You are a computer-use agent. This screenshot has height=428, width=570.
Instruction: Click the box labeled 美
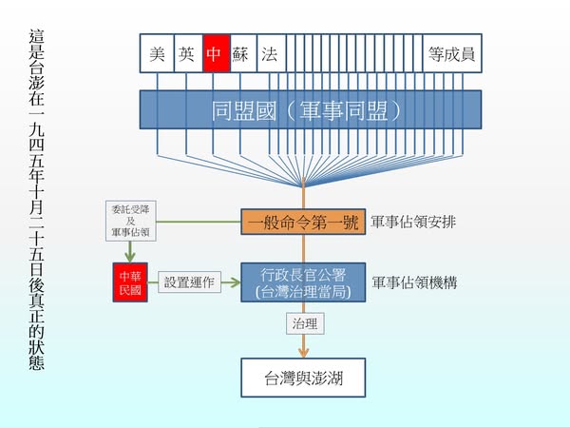click(x=157, y=55)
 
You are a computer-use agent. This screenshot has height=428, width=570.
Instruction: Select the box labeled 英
click(x=187, y=55)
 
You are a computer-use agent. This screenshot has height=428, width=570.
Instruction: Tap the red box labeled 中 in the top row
click(x=217, y=55)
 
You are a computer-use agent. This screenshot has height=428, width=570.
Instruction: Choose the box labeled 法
click(x=272, y=55)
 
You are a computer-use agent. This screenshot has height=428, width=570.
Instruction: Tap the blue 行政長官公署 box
click(x=303, y=282)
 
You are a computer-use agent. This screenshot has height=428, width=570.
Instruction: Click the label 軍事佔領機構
click(x=415, y=282)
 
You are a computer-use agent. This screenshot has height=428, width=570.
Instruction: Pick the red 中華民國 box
click(x=127, y=282)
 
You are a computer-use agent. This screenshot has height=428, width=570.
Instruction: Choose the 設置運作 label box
click(x=189, y=282)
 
